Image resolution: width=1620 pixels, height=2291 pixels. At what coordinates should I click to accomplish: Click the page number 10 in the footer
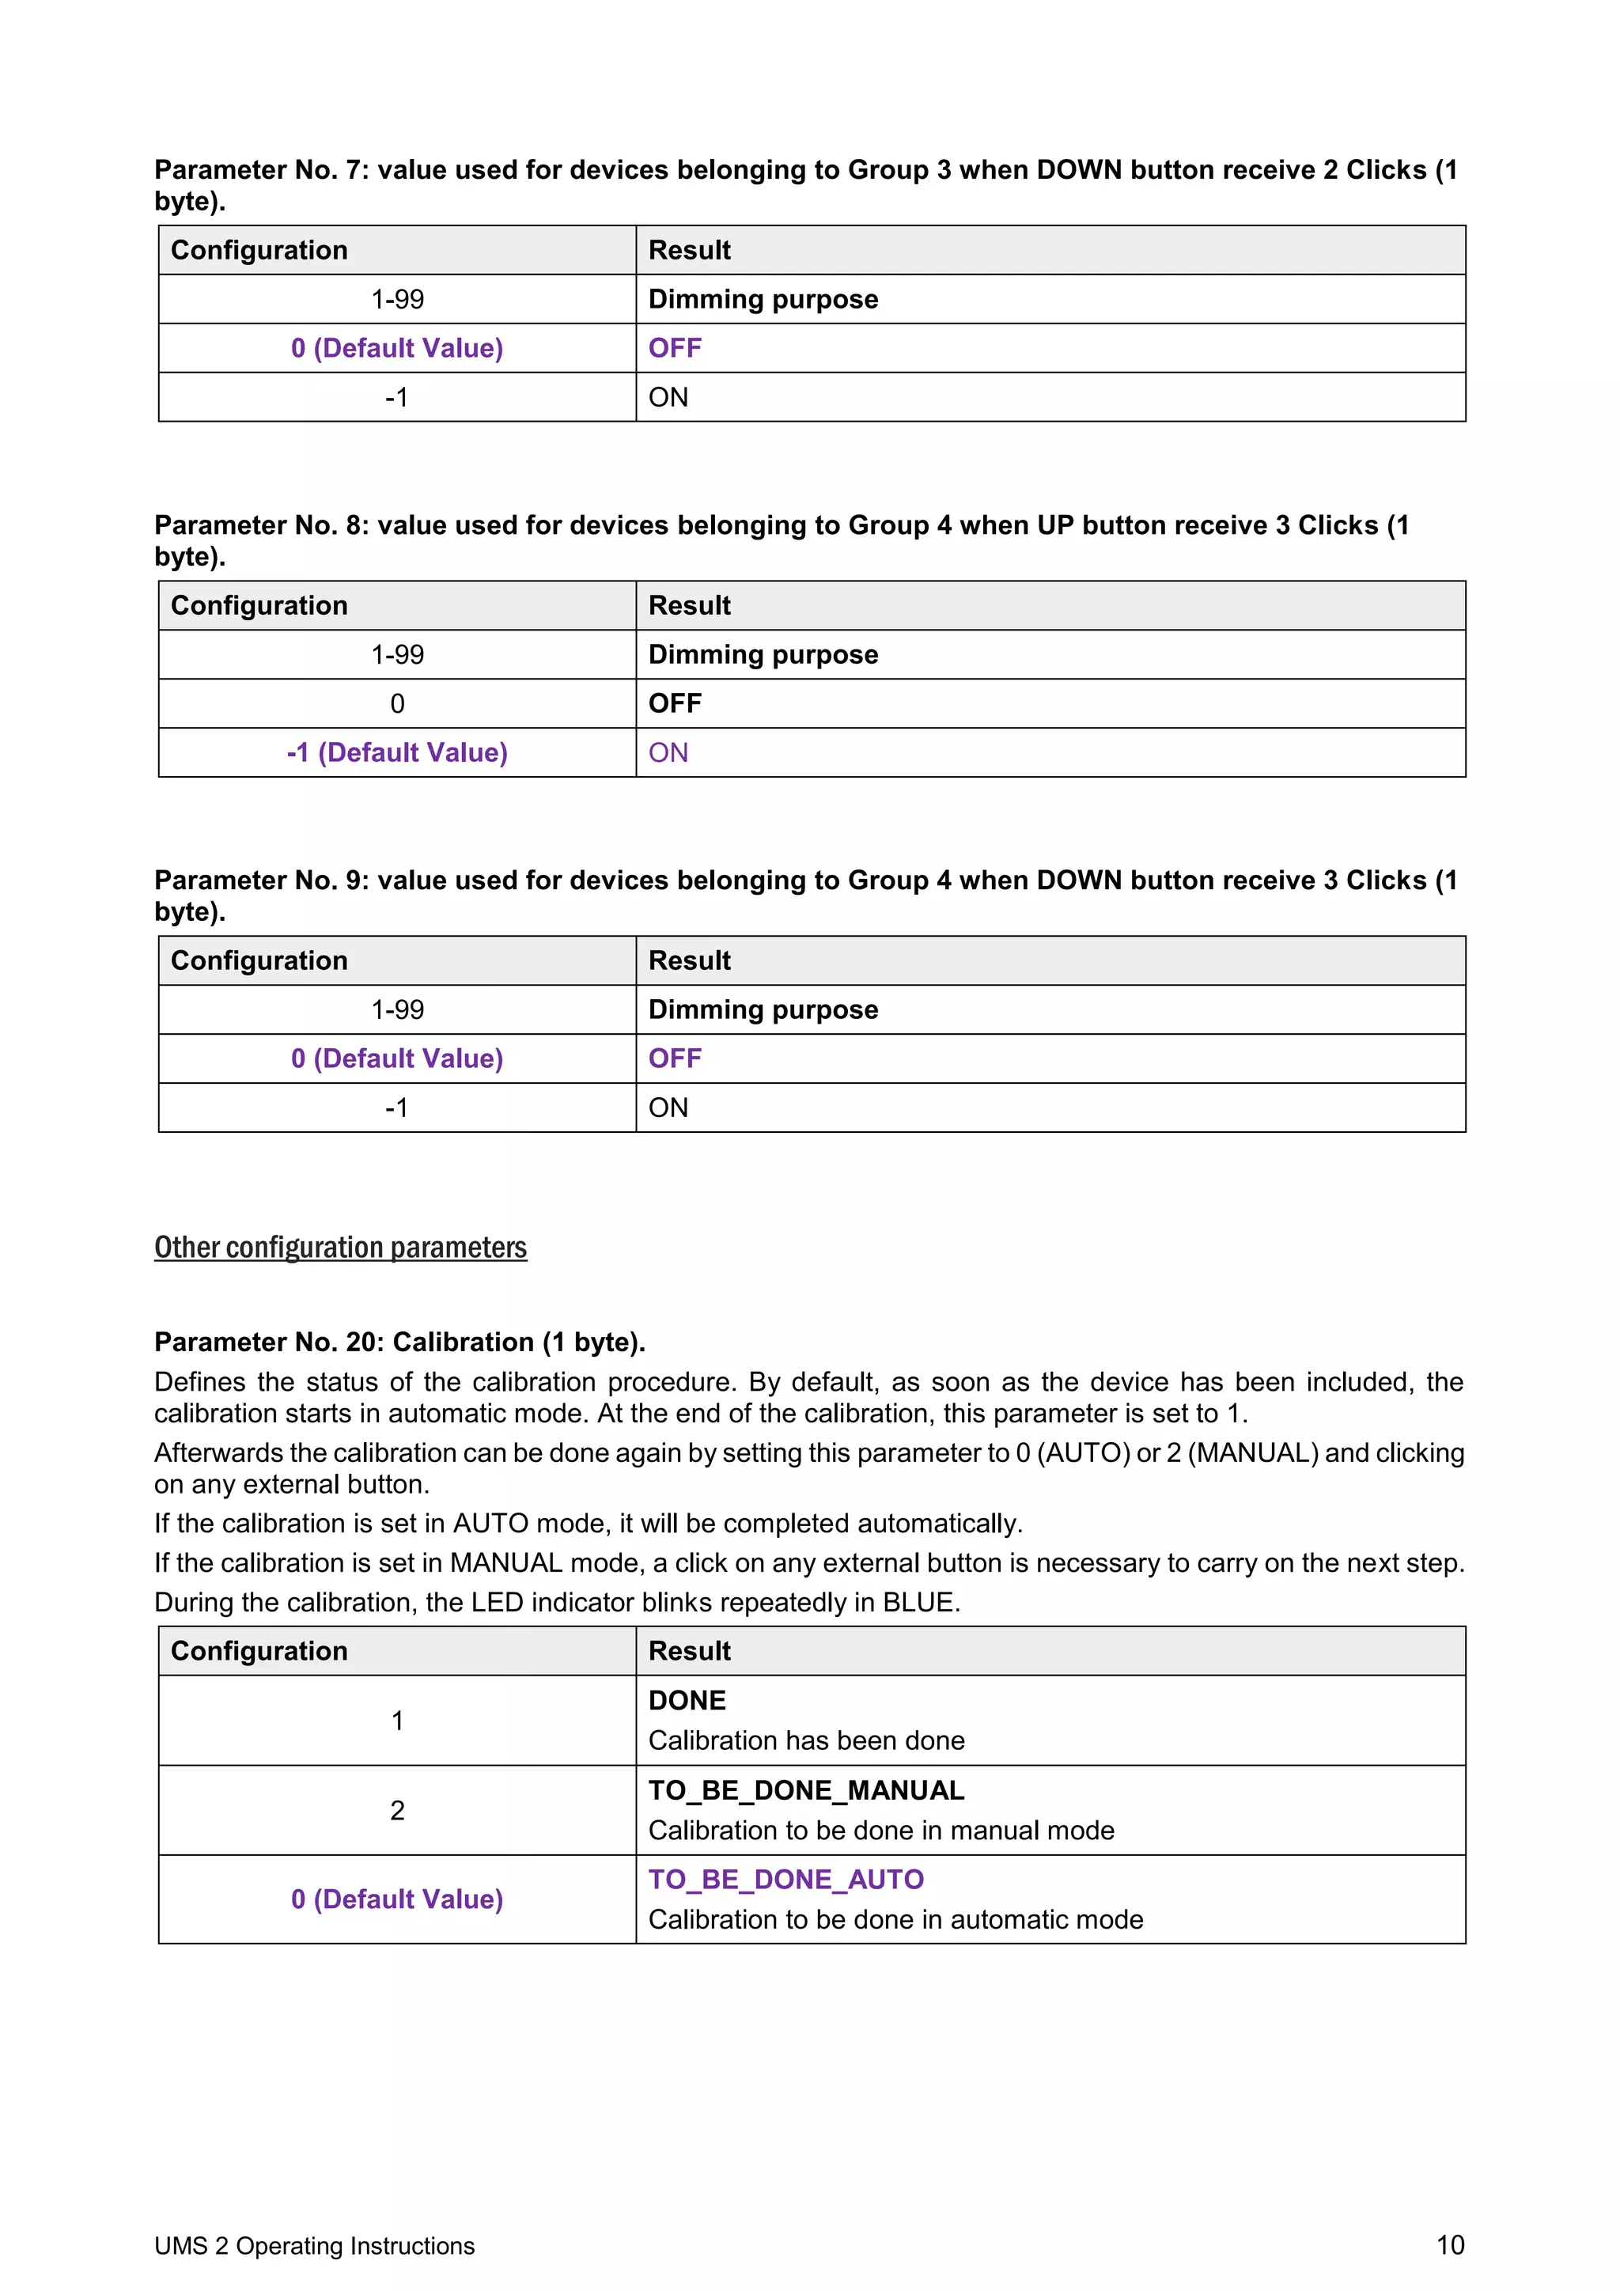(1449, 2245)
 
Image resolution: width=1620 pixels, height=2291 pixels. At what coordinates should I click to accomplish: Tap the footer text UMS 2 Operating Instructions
(314, 2246)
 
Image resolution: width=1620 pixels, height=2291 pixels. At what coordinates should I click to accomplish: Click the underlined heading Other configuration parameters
(340, 1248)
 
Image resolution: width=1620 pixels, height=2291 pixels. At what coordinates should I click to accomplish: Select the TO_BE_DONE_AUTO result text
(786, 1880)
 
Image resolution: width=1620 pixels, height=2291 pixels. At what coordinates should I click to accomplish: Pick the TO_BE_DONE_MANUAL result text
(806, 1790)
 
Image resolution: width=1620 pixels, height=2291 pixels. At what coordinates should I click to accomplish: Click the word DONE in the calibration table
(687, 1700)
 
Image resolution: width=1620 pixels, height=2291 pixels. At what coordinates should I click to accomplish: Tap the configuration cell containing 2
(397, 1810)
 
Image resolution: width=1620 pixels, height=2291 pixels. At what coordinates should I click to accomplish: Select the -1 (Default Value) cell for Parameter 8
(397, 752)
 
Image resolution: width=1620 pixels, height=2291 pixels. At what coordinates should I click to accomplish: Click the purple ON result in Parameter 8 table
(668, 752)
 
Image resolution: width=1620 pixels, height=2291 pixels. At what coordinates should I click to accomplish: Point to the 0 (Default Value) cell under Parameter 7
(397, 348)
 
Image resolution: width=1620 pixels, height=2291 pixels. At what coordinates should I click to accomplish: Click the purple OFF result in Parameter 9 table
(676, 1058)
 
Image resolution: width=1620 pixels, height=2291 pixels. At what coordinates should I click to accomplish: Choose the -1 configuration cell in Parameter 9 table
(397, 1108)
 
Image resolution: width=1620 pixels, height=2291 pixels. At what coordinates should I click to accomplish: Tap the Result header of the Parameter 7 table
(689, 251)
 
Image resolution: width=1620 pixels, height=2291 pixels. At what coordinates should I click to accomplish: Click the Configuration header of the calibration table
(259, 1651)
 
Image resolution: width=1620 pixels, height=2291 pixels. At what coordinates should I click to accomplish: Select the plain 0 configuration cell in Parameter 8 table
(397, 703)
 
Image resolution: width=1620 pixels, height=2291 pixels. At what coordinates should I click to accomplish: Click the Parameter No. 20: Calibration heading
(399, 1342)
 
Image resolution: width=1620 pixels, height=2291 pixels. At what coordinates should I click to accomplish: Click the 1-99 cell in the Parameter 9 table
(397, 1009)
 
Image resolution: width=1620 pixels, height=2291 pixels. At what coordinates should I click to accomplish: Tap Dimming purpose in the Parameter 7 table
(763, 299)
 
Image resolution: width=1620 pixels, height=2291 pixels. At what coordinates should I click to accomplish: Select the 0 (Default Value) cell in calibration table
(397, 1899)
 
